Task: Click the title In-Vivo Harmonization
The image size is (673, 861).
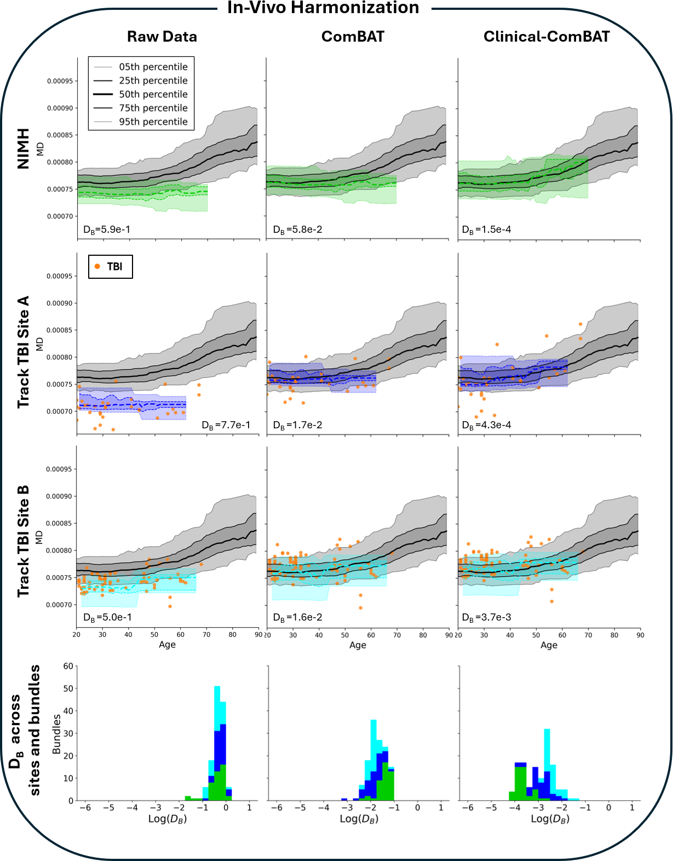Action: [x=323, y=8]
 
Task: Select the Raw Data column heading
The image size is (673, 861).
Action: [x=162, y=37]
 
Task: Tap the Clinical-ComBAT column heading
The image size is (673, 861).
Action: [x=547, y=37]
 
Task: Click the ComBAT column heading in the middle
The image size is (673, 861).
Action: [x=353, y=37]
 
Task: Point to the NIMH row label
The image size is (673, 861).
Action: [x=23, y=148]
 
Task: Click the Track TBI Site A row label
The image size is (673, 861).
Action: [x=23, y=352]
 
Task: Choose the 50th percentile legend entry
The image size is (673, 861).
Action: [x=153, y=94]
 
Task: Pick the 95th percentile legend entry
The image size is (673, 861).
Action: [x=153, y=122]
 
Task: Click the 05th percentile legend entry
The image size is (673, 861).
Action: [x=153, y=67]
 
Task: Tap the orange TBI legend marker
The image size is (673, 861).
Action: [x=97, y=267]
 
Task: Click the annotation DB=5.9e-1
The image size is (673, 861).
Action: [x=107, y=229]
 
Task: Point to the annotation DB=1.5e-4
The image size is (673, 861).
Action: [x=487, y=229]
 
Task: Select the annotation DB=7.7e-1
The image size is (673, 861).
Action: [x=226, y=425]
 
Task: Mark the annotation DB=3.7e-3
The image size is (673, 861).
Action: [x=487, y=617]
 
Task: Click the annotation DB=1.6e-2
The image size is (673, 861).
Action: [x=298, y=617]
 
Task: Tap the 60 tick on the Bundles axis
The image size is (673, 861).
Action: [x=68, y=666]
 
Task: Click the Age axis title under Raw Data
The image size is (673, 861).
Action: [x=167, y=645]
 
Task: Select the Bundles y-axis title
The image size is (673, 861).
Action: [x=56, y=734]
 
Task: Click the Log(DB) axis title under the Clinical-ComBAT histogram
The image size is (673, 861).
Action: [x=550, y=819]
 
